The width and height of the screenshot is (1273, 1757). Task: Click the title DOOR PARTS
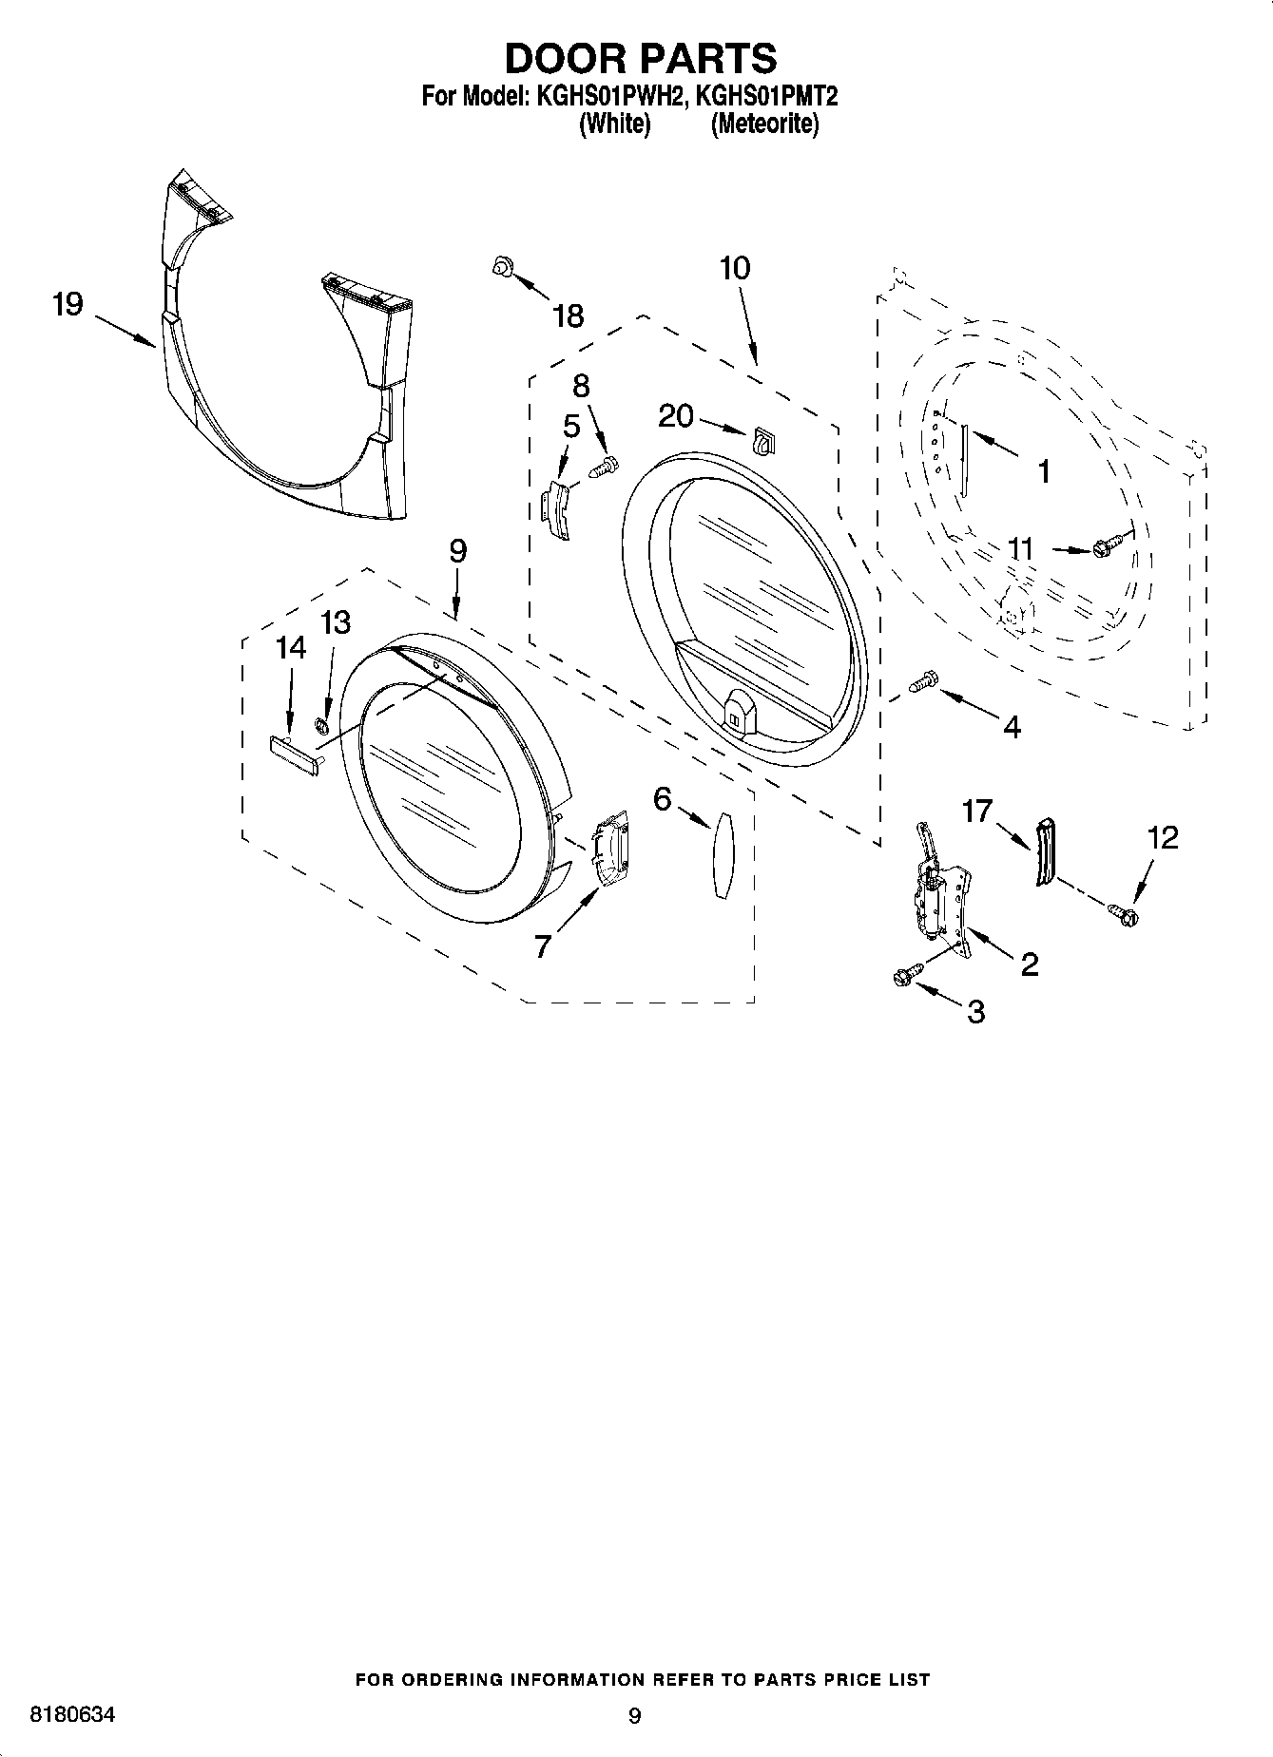tap(640, 59)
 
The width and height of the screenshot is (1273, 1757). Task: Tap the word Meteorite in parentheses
tap(764, 124)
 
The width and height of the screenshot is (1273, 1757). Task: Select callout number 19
tap(68, 305)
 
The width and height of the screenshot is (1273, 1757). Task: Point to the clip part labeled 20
tap(763, 440)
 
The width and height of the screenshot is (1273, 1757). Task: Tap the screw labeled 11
tap(1108, 546)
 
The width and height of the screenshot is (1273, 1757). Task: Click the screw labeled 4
tap(922, 681)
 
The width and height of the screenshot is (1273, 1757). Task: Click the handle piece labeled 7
tap(611, 849)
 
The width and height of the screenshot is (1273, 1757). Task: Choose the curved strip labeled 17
tap(1046, 850)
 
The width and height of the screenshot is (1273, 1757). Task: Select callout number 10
tap(734, 269)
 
